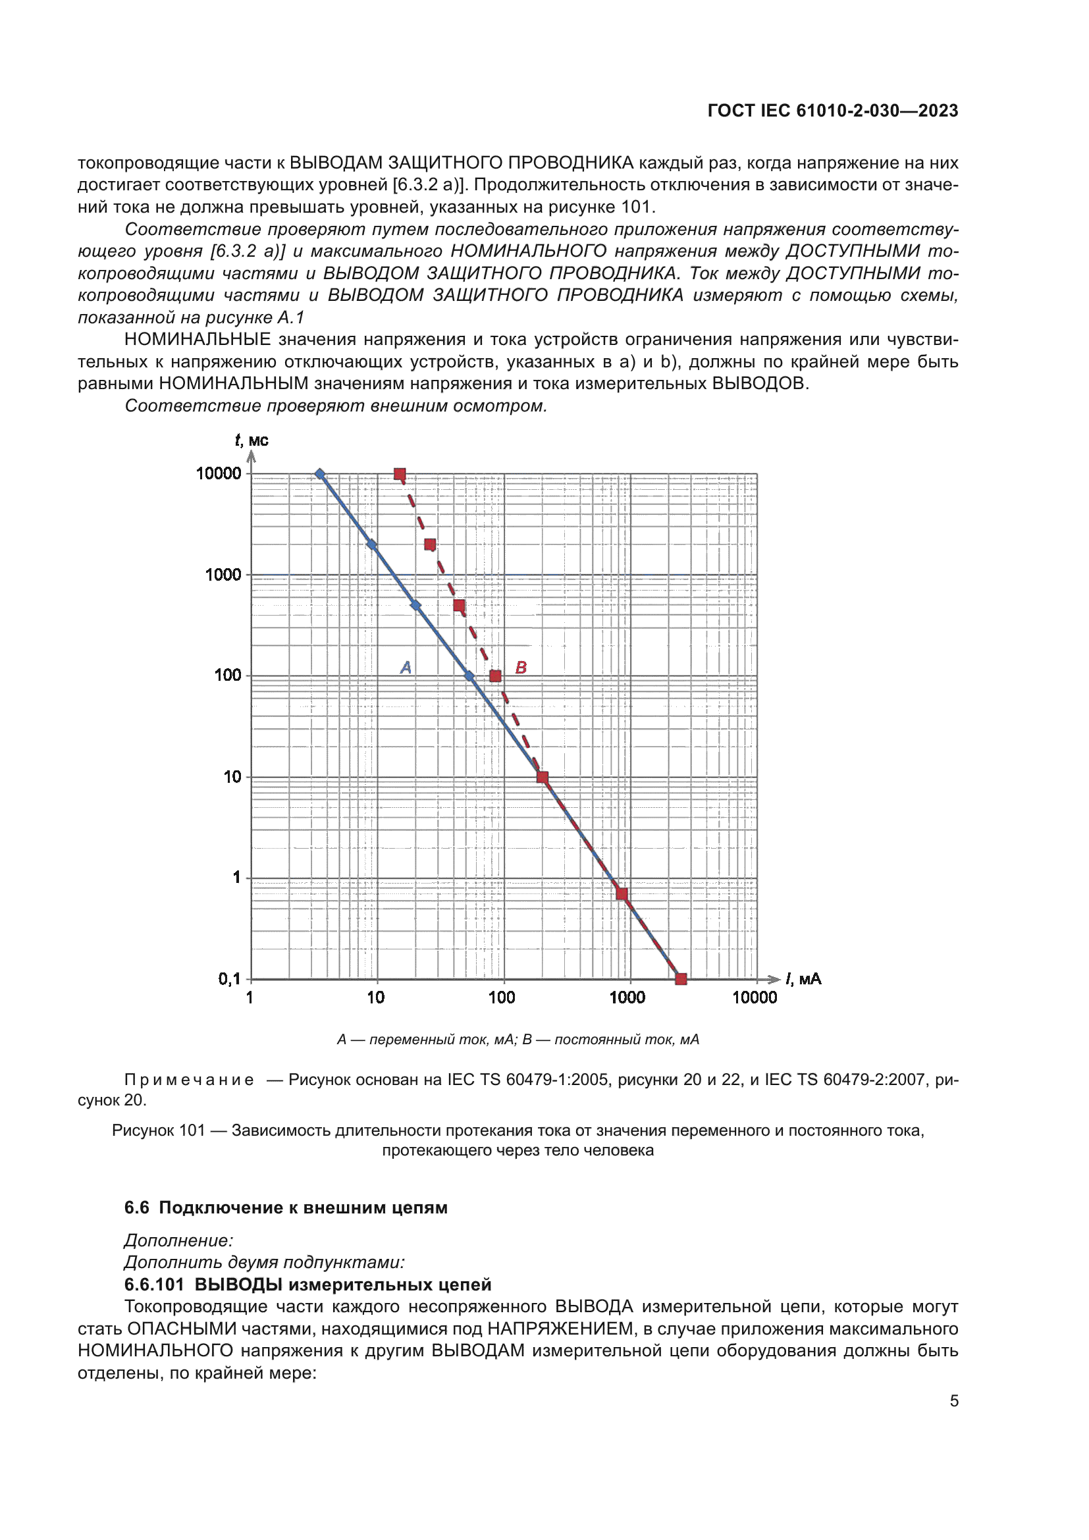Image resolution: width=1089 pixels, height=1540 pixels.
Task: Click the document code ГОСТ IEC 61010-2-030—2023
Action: pos(832,111)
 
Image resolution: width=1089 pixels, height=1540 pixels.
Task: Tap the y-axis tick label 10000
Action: pos(219,473)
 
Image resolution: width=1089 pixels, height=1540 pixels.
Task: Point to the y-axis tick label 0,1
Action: pos(229,978)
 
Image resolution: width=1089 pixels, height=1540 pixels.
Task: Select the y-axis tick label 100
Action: pos(228,676)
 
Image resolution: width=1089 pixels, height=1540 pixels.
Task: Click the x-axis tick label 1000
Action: pos(627,997)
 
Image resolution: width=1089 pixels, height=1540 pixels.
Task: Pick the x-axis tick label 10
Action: pos(375,997)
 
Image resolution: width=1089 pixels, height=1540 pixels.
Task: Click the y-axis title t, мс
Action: pos(252,440)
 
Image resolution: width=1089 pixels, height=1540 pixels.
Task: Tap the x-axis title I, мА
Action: pos(803,978)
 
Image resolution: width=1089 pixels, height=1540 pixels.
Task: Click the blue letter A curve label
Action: pos(406,668)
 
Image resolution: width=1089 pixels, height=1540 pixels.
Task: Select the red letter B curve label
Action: pos(521,668)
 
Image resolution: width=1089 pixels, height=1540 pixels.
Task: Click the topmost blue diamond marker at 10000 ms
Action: pos(320,474)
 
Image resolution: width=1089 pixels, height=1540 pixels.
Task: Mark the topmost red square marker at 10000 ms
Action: pos(400,474)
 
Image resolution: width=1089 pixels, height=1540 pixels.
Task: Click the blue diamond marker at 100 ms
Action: pos(469,676)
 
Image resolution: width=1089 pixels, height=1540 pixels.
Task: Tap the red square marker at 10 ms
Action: pos(543,778)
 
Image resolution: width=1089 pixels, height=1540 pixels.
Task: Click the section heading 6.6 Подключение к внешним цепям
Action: pos(286,1208)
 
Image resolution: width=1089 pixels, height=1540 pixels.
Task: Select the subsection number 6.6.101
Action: pos(153,1285)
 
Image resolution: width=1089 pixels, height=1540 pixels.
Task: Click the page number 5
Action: pos(953,1400)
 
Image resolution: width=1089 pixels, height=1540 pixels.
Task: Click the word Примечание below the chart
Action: pos(189,1080)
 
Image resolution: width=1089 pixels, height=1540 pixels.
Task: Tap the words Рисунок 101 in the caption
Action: pos(158,1130)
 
